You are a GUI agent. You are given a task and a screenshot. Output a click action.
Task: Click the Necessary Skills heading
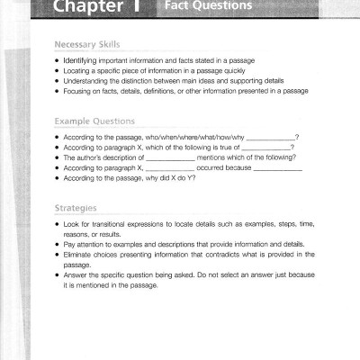[86, 44]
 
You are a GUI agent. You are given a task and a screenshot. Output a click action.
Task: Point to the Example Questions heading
[95, 121]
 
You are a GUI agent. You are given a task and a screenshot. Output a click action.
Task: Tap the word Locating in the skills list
[79, 70]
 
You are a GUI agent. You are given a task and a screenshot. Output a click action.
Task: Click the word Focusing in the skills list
[81, 90]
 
